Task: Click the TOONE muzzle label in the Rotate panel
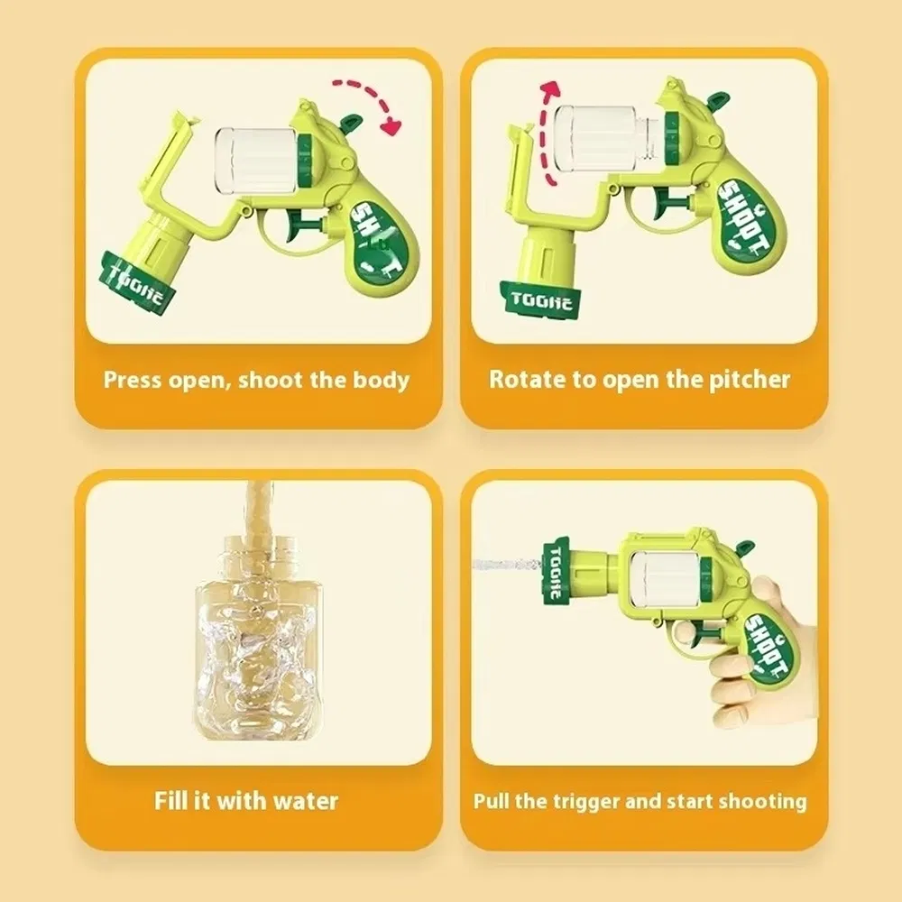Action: pyautogui.click(x=540, y=299)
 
